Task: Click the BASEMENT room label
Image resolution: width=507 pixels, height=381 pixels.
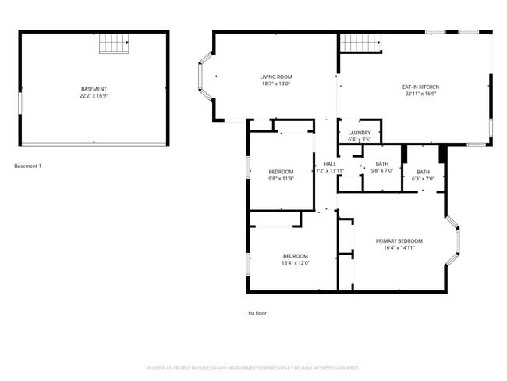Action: [x=94, y=89]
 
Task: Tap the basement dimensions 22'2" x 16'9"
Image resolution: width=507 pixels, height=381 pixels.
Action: [x=94, y=96]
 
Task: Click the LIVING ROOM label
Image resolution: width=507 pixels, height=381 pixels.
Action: [x=276, y=77]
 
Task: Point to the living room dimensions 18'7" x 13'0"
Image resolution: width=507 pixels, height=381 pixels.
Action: [x=276, y=84]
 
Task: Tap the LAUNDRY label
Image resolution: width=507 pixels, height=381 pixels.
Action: [x=360, y=133]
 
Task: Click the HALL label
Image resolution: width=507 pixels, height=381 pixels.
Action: [x=330, y=164]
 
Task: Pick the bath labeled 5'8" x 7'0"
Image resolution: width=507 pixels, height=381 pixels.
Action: [x=382, y=167]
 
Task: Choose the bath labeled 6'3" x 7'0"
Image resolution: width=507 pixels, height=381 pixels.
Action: [x=423, y=175]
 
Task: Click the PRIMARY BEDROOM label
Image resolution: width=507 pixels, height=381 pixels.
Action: [x=399, y=241]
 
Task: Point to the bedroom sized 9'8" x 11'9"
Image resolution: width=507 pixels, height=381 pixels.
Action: [x=281, y=175]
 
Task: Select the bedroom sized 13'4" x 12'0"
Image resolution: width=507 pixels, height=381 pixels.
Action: [x=295, y=259]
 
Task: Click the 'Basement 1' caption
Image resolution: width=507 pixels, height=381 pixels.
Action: [x=28, y=166]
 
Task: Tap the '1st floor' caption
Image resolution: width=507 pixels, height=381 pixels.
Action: [x=257, y=312]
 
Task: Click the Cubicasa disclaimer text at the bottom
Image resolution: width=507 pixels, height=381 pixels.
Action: [x=253, y=367]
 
